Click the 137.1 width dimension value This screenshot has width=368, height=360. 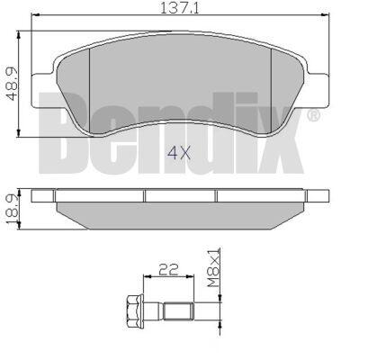[180, 8]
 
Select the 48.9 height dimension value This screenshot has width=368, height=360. [12, 84]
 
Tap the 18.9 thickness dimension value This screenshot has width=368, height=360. [11, 209]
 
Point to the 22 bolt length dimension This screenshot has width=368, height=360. [168, 269]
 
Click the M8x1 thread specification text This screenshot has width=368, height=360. [214, 267]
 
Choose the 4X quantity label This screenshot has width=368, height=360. [179, 153]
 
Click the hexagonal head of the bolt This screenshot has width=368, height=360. [134, 311]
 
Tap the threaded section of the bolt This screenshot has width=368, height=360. [178, 311]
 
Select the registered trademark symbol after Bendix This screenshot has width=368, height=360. [313, 116]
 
